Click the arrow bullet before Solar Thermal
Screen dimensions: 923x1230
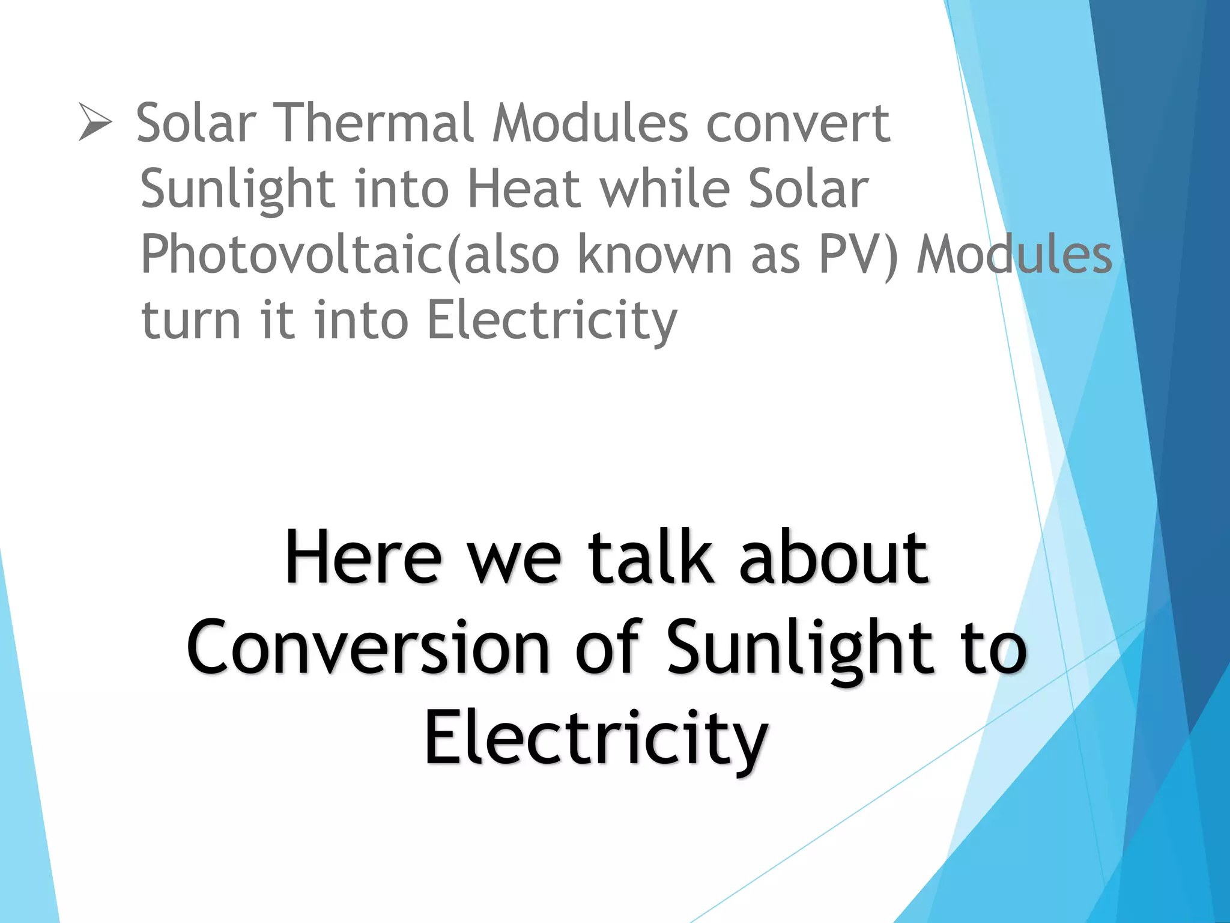tap(95, 122)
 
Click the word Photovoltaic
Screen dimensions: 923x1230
tap(292, 255)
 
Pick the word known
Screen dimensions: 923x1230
tap(655, 255)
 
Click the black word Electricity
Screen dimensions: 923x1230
tap(595, 738)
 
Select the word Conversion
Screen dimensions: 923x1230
tap(368, 648)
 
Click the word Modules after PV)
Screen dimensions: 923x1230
tap(1014, 255)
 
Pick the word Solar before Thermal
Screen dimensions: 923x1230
tap(196, 123)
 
